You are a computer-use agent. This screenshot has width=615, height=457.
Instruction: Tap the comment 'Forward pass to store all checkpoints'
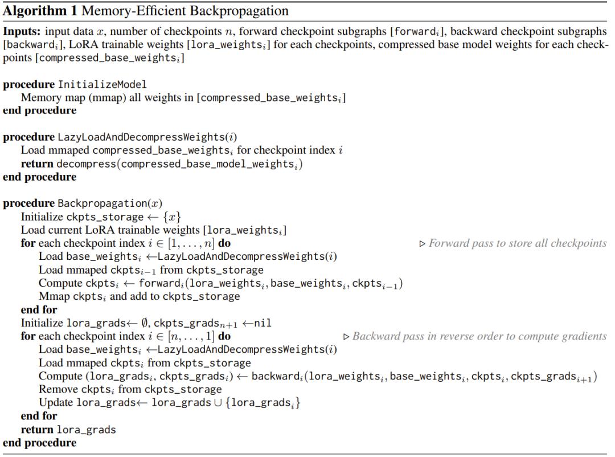coord(517,243)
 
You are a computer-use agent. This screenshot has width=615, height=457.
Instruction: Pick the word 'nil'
coord(262,323)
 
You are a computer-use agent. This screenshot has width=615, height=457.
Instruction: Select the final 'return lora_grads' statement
coord(68,430)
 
